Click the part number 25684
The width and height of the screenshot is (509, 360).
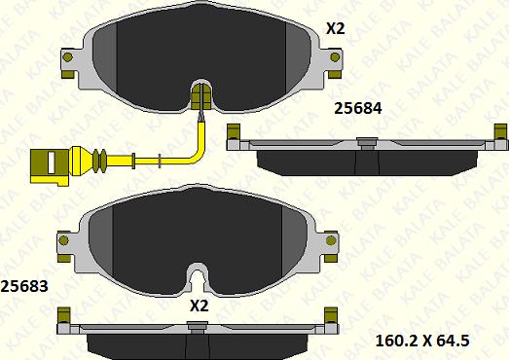tap(358, 108)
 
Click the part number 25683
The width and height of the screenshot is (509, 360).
tap(24, 286)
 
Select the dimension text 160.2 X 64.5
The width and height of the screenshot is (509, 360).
tap(422, 341)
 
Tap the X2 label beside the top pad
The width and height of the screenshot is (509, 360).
tap(336, 29)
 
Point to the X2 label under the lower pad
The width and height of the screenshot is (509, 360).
tap(199, 306)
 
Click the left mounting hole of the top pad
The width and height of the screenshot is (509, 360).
tap(67, 57)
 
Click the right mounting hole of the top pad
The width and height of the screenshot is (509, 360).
tap(335, 57)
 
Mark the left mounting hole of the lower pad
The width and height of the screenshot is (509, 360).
tap(63, 240)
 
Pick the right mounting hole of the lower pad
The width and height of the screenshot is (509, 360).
tap(331, 240)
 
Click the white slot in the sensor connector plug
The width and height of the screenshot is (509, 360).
tap(51, 162)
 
